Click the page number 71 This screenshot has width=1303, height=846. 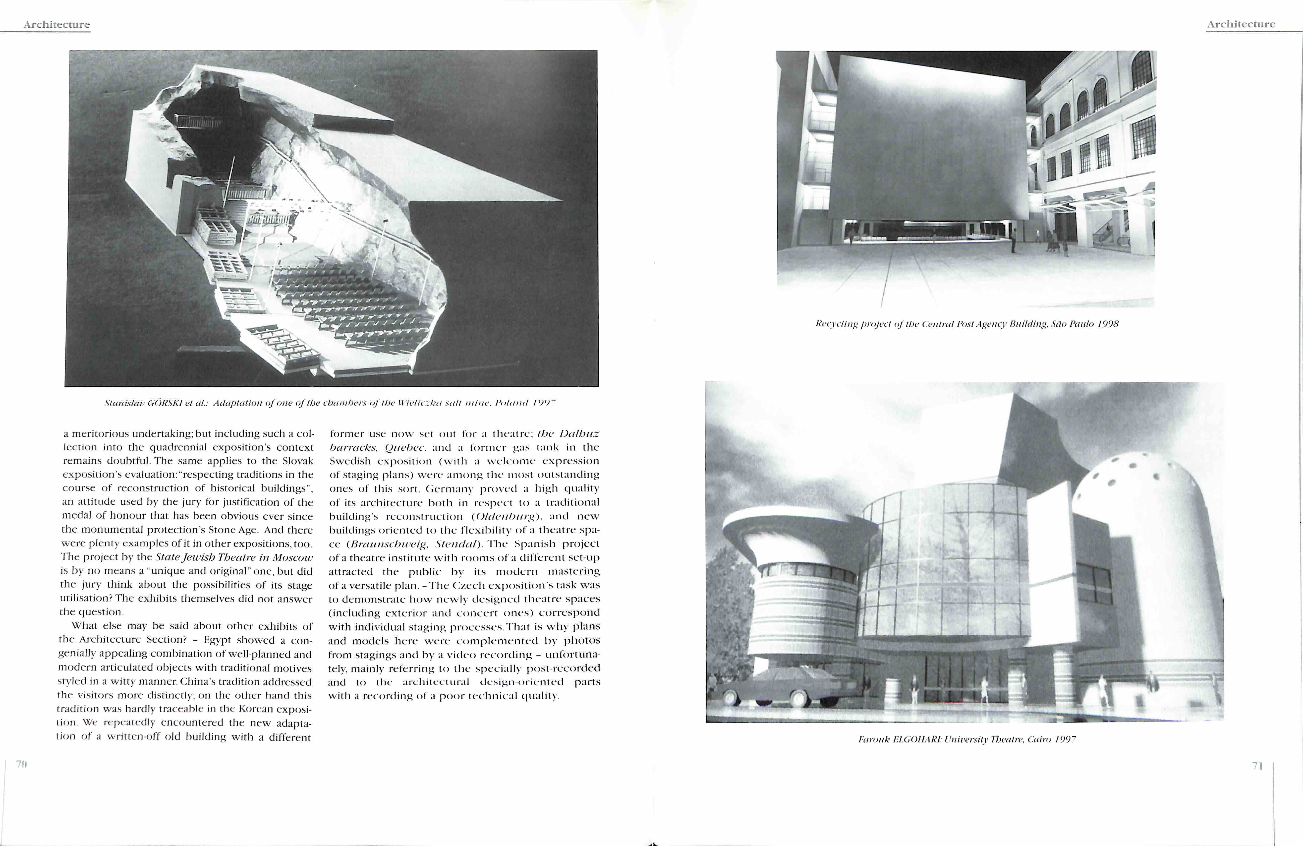point(1257,766)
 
